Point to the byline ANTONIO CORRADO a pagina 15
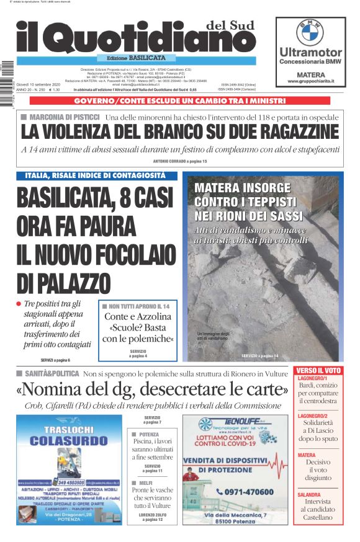tap(179, 161)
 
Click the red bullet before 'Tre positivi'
tap(19, 304)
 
